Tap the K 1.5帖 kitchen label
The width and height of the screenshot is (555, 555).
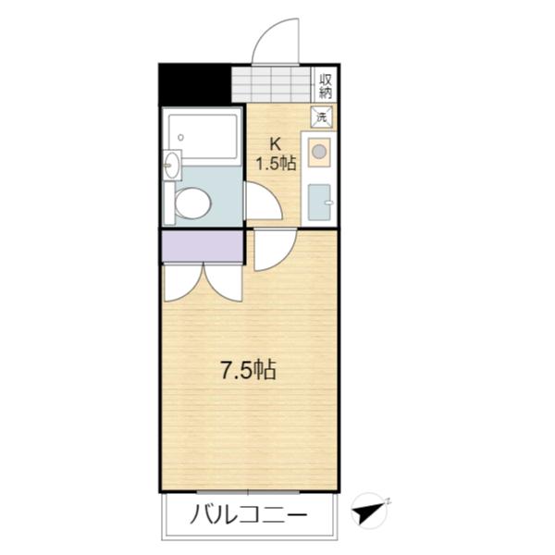[276, 154]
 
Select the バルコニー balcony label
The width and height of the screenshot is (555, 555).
[249, 514]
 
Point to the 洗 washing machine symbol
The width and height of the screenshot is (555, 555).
[322, 117]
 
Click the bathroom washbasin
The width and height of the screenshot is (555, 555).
[171, 166]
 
